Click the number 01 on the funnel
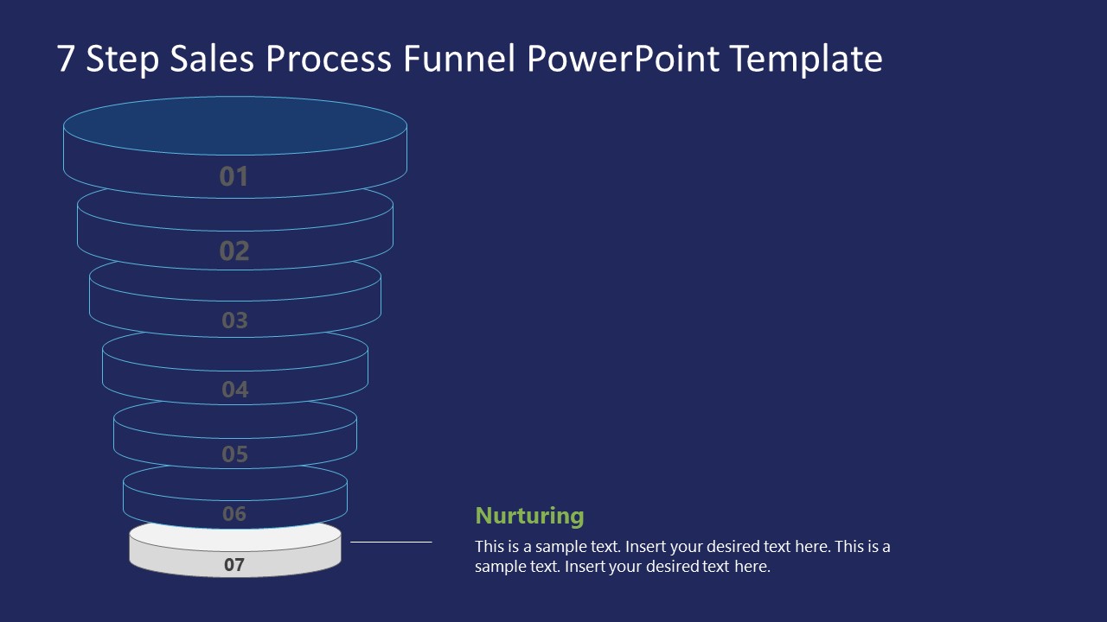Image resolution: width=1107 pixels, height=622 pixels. tap(234, 176)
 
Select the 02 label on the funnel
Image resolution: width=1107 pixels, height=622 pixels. tap(234, 251)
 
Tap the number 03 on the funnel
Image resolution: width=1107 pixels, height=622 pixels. tap(234, 321)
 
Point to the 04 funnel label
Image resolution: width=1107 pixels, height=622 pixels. tap(234, 390)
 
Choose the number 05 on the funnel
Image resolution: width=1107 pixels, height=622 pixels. tap(234, 454)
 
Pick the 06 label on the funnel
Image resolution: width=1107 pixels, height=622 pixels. tap(234, 514)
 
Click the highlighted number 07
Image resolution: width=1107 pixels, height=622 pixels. tap(234, 565)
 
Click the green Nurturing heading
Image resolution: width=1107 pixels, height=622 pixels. tap(529, 516)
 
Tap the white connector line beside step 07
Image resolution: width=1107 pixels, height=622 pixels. tap(391, 543)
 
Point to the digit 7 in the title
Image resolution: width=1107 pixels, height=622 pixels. tap(66, 60)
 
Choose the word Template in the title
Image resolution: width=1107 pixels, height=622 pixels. tap(806, 60)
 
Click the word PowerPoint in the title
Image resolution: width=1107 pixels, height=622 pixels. tap(623, 60)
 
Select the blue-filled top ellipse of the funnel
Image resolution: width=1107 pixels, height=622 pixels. tap(235, 126)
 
